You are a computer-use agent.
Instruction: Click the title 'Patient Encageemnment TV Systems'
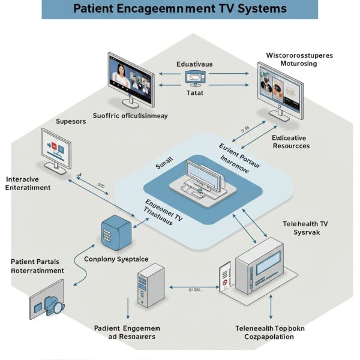pos(179,9)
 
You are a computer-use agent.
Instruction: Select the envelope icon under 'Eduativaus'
pos(195,77)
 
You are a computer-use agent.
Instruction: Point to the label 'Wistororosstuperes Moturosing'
pos(299,61)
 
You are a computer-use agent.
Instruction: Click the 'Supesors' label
pos(71,121)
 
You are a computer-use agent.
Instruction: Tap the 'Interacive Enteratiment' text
pos(29,183)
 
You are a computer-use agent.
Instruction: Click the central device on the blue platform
pos(198,178)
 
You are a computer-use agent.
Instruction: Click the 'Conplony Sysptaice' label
pos(116,259)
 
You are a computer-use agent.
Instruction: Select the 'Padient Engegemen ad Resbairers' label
pos(127,332)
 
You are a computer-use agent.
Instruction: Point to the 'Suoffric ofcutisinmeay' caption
pos(130,116)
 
